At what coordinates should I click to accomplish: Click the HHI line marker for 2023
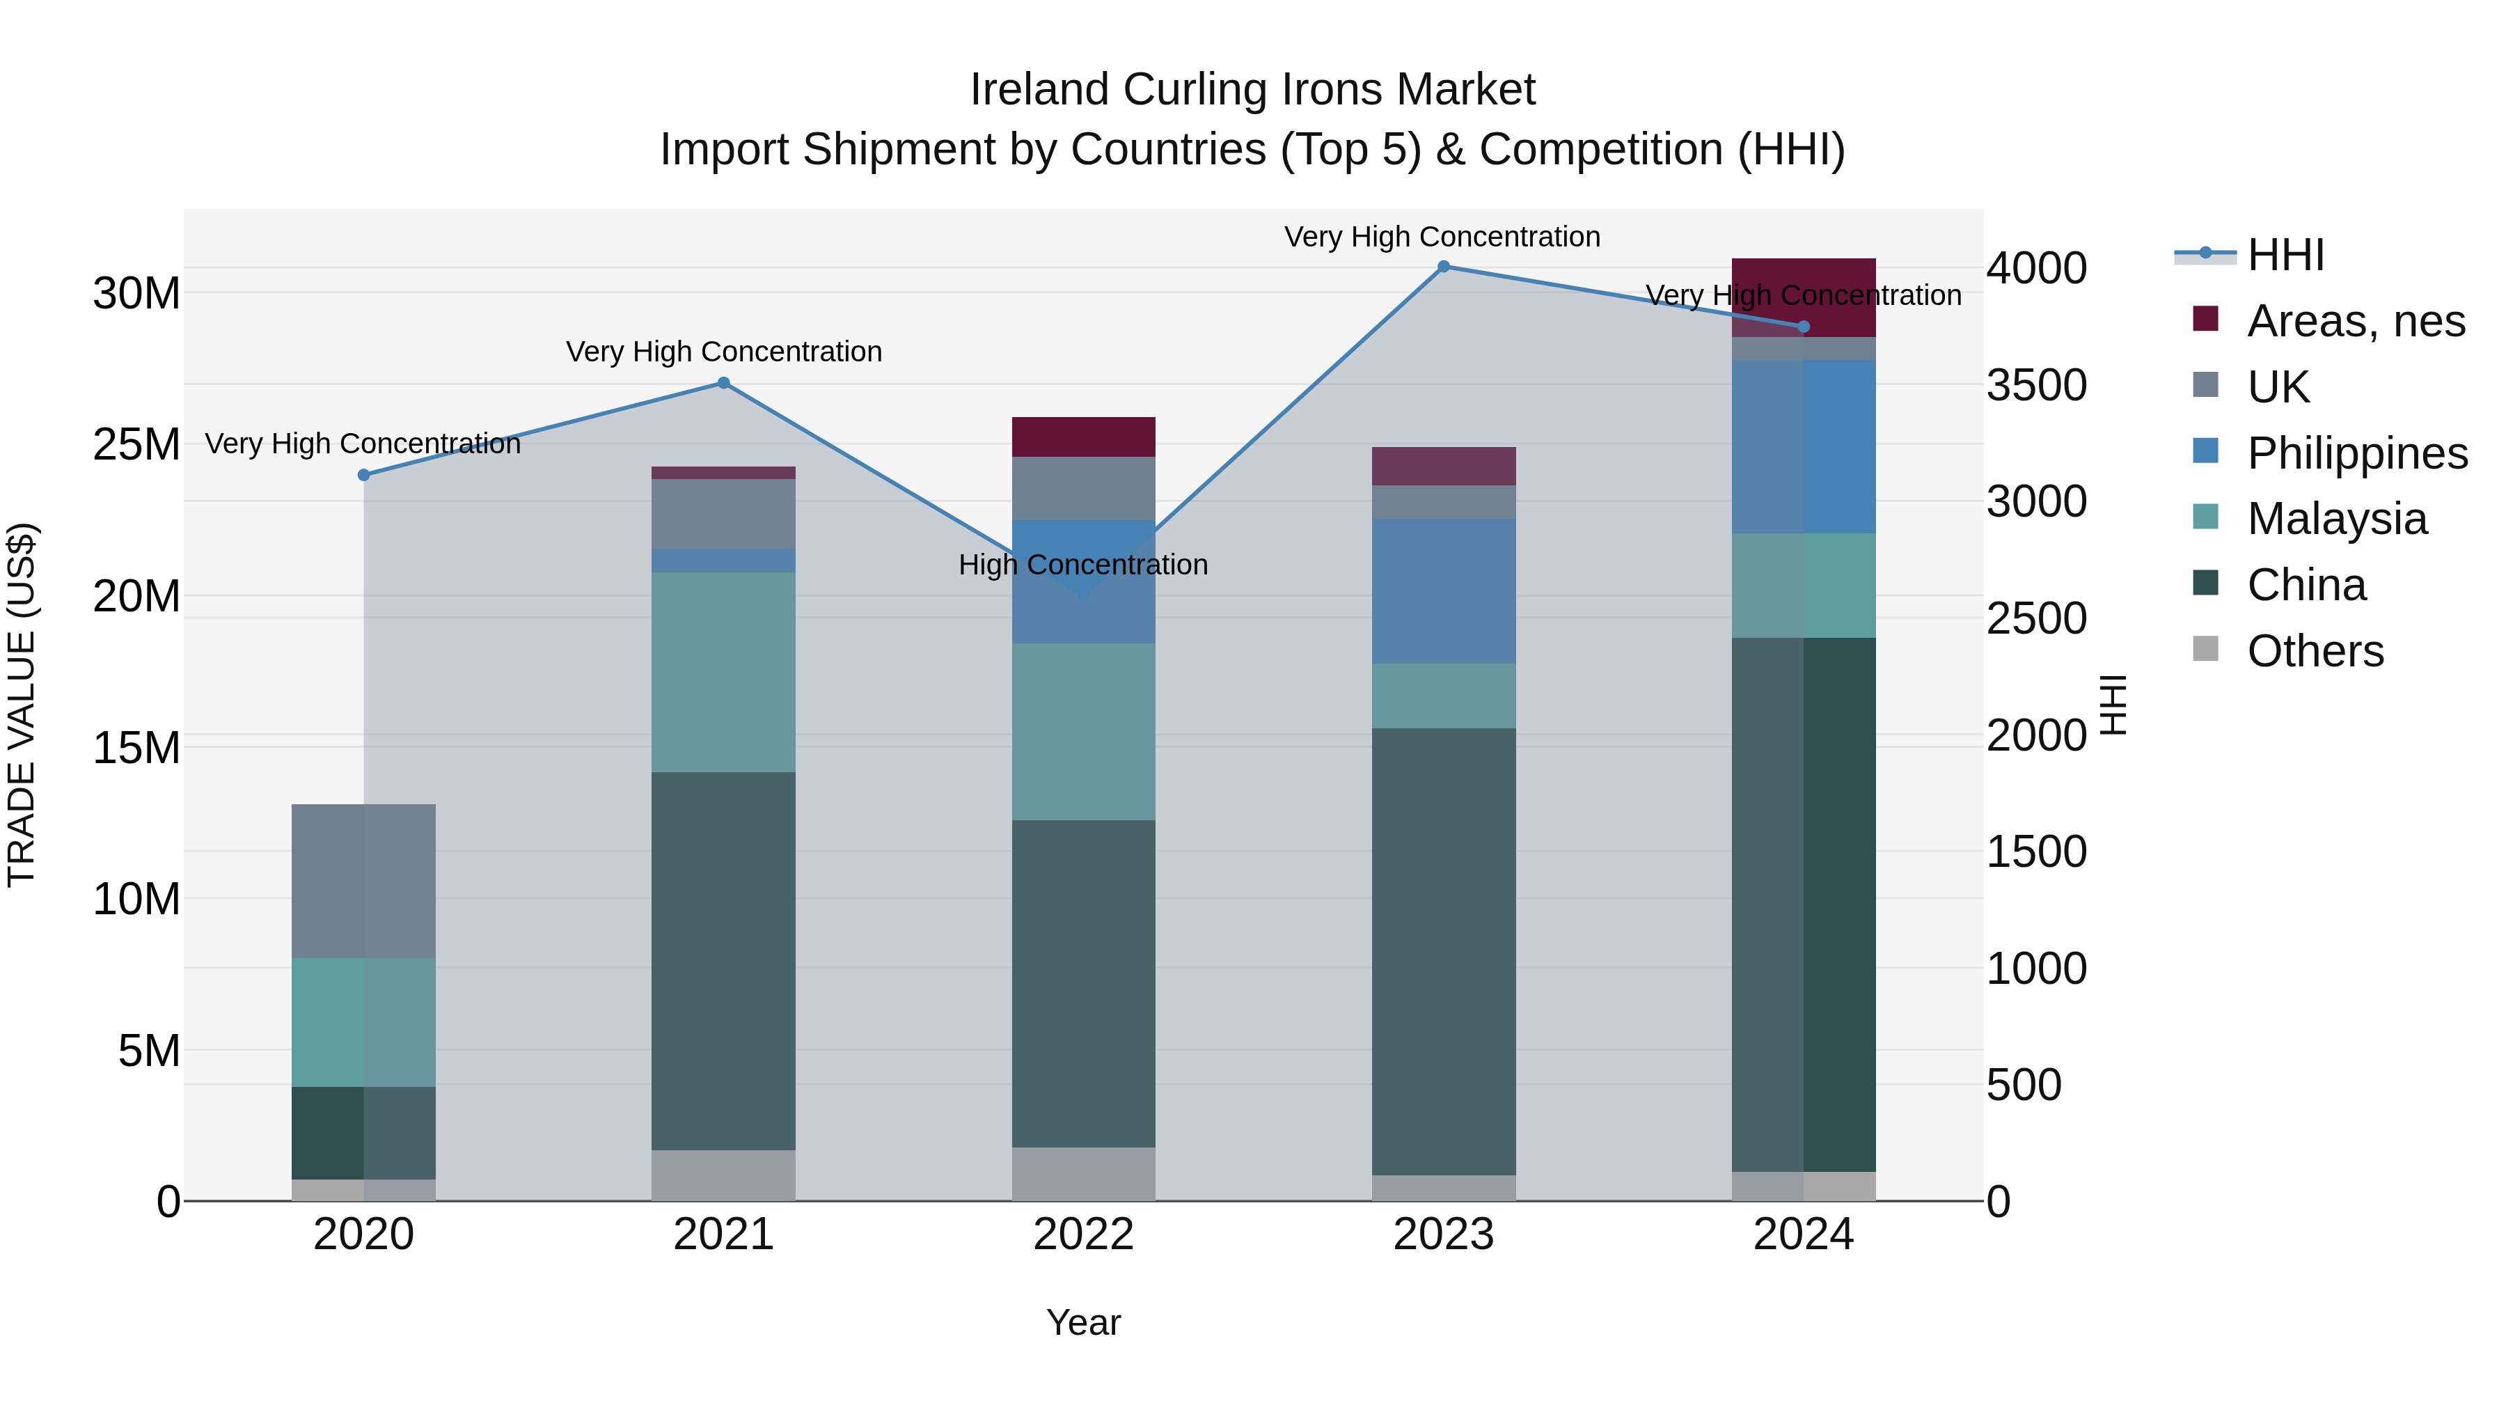[1444, 266]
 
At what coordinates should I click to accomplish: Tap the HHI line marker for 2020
[364, 475]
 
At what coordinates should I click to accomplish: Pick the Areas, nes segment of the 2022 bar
[1084, 437]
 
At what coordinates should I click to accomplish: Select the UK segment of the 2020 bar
[364, 881]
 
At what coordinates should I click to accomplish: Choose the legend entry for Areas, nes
[2354, 321]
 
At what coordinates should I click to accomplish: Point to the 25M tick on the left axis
[136, 445]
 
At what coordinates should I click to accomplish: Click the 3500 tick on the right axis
[2036, 385]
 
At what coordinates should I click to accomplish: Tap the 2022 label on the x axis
[1084, 1235]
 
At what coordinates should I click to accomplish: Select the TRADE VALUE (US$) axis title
[22, 705]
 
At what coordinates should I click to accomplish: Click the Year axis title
[1084, 1322]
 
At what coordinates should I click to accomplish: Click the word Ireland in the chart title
[1039, 90]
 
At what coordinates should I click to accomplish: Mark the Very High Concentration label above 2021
[724, 352]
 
